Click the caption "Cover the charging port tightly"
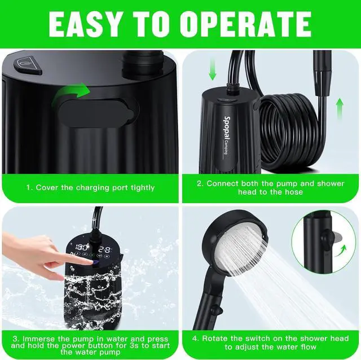[90, 187]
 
